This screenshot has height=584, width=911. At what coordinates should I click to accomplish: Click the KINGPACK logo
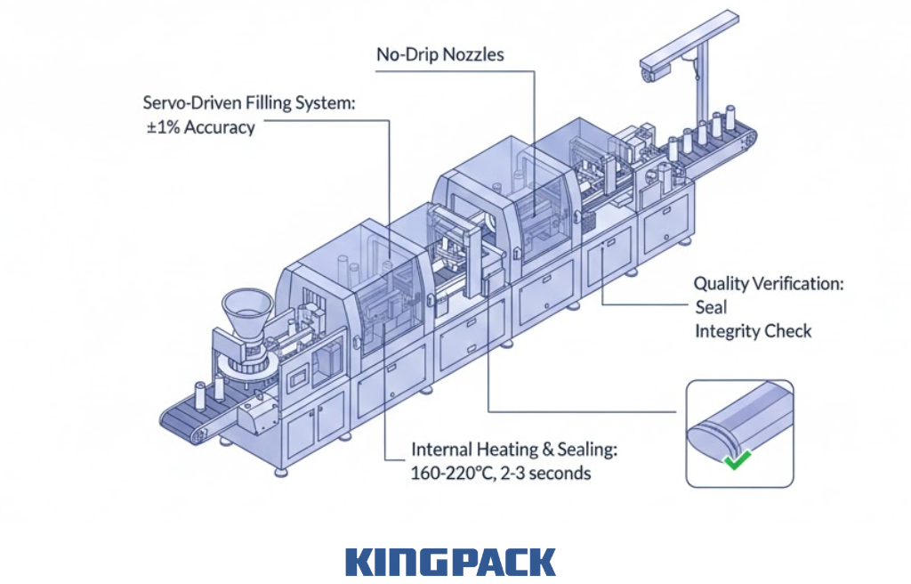[x=450, y=563]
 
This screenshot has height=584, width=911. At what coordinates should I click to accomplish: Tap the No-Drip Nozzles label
[x=439, y=54]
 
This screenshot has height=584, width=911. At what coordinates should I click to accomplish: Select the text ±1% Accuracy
[x=200, y=127]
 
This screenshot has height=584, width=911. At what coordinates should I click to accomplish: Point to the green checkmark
[x=735, y=461]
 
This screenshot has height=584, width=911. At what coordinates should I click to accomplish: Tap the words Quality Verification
[x=769, y=284]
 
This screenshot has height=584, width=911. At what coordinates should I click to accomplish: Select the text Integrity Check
[x=753, y=331]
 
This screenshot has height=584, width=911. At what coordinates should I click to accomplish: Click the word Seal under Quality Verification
[x=710, y=307]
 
